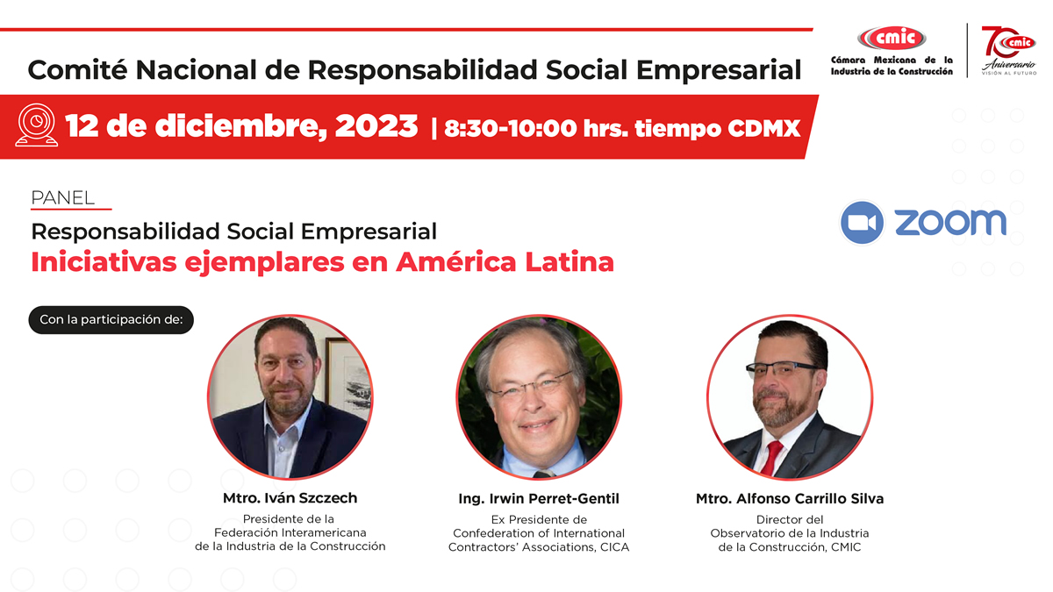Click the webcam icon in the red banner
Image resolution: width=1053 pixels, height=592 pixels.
37,125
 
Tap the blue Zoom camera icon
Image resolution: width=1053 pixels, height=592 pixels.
862,223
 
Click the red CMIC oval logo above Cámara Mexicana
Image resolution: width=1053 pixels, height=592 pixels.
892,38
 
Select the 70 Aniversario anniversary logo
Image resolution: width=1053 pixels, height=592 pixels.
1008,50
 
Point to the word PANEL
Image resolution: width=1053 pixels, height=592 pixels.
62,198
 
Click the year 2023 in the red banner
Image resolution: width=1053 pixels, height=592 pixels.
376,126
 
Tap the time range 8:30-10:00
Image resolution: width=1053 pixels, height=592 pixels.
510,128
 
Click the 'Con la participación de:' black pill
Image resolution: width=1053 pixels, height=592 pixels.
111,320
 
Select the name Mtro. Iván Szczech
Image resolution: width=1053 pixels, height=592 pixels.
290,498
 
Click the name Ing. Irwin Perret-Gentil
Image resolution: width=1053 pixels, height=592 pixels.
539,498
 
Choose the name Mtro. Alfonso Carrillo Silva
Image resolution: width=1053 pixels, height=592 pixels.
790,498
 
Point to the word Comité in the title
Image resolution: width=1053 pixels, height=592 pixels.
77,70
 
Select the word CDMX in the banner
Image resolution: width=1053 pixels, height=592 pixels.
764,128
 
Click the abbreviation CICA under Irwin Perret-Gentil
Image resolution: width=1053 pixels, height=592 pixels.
614,547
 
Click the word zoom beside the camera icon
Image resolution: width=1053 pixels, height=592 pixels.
950,222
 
